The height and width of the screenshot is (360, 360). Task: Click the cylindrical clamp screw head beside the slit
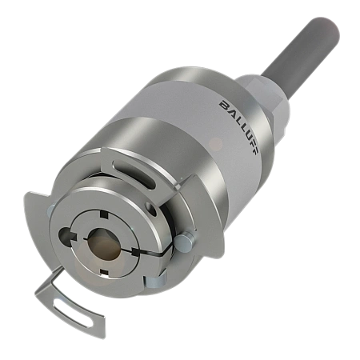tap(182, 241)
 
